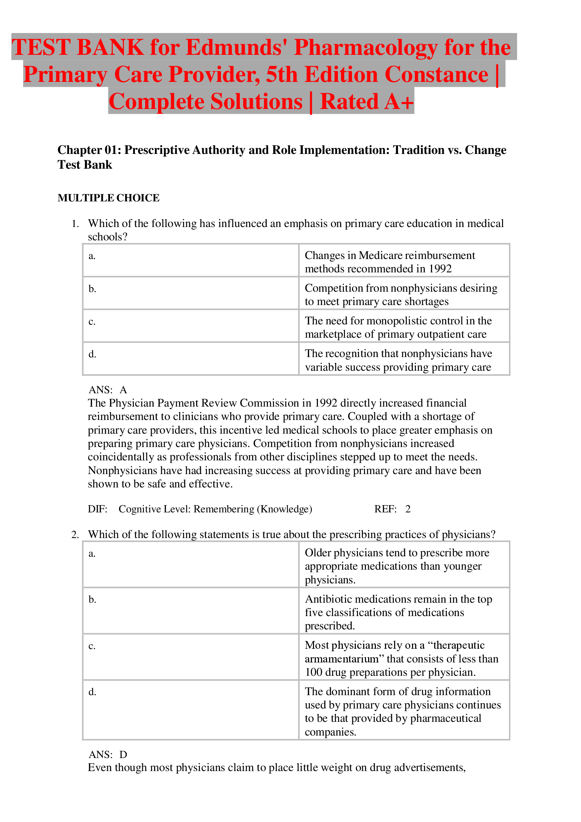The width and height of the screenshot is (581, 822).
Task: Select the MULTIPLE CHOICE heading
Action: click(109, 198)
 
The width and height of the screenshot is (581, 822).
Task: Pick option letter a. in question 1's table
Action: click(92, 256)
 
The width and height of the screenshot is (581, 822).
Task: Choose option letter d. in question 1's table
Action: click(92, 354)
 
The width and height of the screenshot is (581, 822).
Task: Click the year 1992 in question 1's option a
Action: click(440, 269)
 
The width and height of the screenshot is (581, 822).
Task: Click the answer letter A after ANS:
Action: click(123, 390)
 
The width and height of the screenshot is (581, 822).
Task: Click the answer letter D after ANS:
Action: click(123, 755)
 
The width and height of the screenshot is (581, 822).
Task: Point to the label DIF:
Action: click(97, 509)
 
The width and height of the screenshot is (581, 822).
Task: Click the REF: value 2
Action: click(408, 509)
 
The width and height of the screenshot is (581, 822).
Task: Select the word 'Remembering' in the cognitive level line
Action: click(224, 509)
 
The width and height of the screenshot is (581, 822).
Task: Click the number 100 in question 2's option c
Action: click(313, 672)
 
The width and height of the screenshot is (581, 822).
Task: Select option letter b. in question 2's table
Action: click(92, 600)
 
